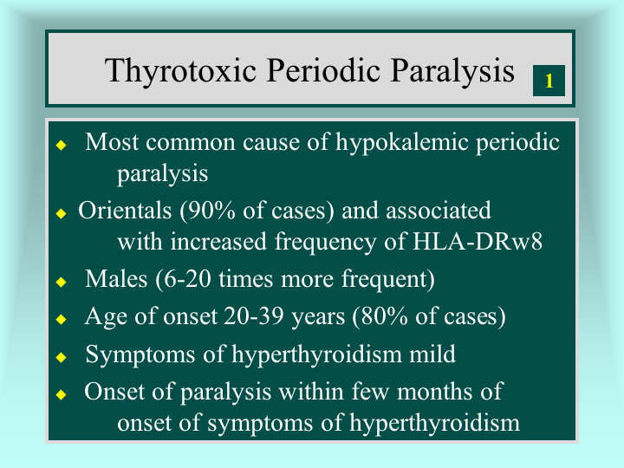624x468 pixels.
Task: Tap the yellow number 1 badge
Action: tap(549, 81)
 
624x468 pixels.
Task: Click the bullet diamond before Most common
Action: tap(61, 145)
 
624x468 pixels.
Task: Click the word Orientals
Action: tap(125, 210)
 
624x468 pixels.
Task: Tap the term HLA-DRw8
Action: tap(478, 241)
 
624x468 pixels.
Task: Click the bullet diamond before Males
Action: tap(61, 282)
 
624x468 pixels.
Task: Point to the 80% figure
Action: tap(380, 317)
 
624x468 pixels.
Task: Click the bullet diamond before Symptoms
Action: tap(61, 357)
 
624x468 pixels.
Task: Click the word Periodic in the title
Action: tap(323, 70)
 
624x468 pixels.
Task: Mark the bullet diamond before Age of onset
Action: tap(61, 319)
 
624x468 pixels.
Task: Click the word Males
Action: tap(116, 278)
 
